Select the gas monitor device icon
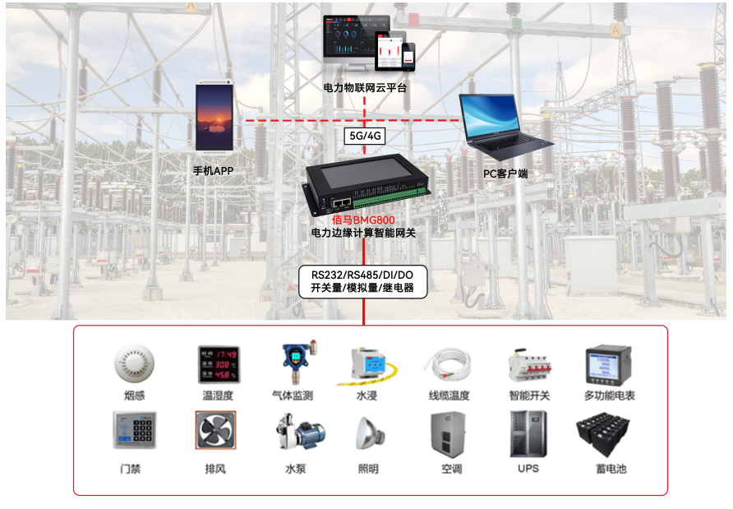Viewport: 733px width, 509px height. pos(293,362)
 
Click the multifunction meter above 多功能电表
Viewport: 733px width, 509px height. pos(608,364)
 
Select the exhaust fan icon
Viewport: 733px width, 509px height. pos(215,430)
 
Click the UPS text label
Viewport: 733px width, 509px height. pos(528,469)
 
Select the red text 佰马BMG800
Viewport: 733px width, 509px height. pos(363,220)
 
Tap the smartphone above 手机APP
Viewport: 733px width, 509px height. pos(213,117)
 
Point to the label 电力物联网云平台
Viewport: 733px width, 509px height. pos(365,87)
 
